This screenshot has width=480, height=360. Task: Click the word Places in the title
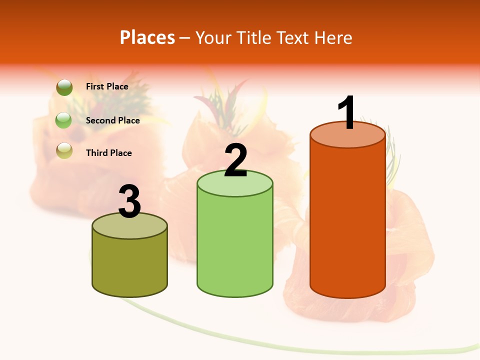(x=147, y=37)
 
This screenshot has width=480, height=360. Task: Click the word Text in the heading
(x=293, y=37)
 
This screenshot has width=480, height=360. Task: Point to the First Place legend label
(x=107, y=86)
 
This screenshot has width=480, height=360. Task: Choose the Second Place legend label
(x=112, y=120)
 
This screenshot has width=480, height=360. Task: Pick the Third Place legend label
(x=108, y=153)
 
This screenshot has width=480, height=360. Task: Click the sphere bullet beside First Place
(x=64, y=87)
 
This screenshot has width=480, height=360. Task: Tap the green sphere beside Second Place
(x=63, y=120)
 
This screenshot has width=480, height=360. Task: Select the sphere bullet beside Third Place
(x=64, y=150)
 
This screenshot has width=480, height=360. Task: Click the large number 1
(x=347, y=112)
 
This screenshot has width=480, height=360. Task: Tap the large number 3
(x=129, y=202)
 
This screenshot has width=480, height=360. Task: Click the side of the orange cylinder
(x=347, y=220)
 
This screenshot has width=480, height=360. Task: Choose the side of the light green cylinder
(x=235, y=245)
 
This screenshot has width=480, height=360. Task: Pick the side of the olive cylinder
(x=129, y=265)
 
